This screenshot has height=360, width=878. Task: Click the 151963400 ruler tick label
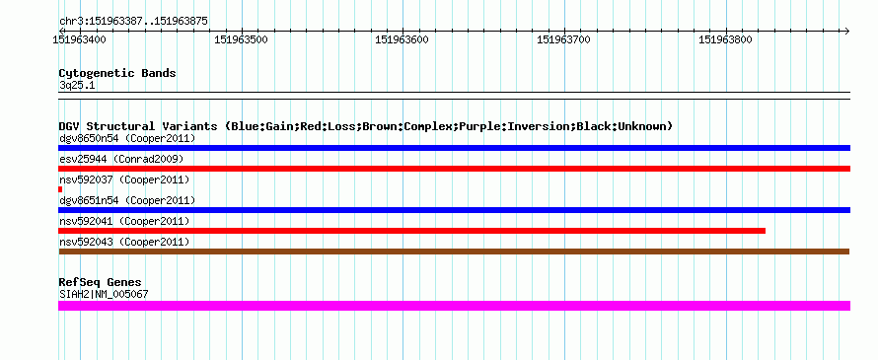[x=79, y=39]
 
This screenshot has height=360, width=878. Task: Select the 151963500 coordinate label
[x=242, y=39]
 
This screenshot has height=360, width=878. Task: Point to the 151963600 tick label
[x=402, y=39]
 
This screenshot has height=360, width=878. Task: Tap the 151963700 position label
[x=563, y=39]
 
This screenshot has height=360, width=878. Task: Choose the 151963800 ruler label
[x=725, y=39]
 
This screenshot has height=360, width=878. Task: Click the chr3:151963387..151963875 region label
[x=134, y=22]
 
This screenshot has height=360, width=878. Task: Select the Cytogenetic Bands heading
[x=117, y=73]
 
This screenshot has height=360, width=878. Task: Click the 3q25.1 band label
[x=77, y=86]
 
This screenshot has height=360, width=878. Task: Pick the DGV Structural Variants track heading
[x=366, y=126]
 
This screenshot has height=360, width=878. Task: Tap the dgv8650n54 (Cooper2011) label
[x=127, y=138]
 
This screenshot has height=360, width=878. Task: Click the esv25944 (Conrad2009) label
[x=121, y=159]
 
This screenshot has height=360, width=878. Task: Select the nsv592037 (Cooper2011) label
[x=124, y=180]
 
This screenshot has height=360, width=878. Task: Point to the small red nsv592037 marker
[x=60, y=189]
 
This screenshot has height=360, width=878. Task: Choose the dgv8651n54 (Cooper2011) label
[x=127, y=200]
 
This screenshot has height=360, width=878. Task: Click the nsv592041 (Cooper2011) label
[x=124, y=221]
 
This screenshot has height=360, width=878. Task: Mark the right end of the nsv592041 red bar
[x=765, y=231]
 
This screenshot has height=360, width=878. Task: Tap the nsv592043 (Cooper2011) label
[x=124, y=242]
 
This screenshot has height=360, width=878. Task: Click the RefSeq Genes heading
[x=101, y=282]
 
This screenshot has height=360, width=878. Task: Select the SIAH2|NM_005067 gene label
[x=104, y=294]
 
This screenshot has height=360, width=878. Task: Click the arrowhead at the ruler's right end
[x=846, y=31]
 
